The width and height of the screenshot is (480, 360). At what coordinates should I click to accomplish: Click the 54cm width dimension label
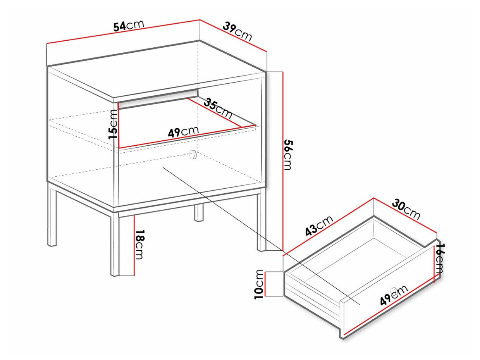pyautogui.click(x=129, y=26)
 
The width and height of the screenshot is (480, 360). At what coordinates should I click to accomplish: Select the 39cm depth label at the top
pyautogui.click(x=237, y=31)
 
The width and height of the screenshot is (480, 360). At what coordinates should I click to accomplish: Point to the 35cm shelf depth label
pyautogui.click(x=218, y=109)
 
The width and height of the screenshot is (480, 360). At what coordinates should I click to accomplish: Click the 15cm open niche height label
pyautogui.click(x=113, y=124)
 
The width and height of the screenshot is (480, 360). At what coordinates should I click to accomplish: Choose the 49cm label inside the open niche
pyautogui.click(x=184, y=131)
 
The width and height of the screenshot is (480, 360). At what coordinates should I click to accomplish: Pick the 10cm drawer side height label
pyautogui.click(x=258, y=284)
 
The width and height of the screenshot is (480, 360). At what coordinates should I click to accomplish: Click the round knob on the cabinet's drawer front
pyautogui.click(x=193, y=155)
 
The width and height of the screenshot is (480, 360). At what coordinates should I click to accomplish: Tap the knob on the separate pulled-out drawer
pyautogui.click(x=394, y=289)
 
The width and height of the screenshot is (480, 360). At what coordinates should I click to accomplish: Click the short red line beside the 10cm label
pyautogui.click(x=265, y=284)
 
